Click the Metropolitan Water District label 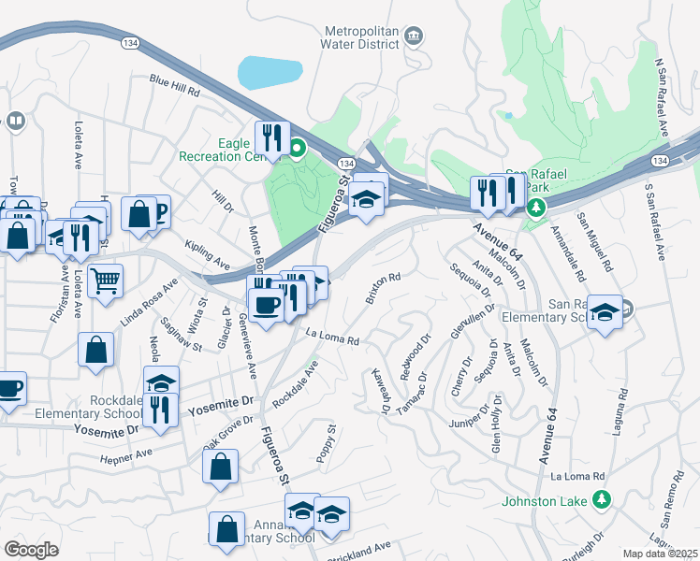point(361,36)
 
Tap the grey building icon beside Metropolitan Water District point(414,37)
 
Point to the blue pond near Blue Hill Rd point(270,72)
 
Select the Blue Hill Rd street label point(175,86)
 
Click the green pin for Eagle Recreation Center point(298,148)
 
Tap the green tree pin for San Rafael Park point(535,208)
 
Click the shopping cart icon point(105,280)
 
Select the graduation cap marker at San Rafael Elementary point(605,313)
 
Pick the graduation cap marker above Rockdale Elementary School point(161,382)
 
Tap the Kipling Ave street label point(208,253)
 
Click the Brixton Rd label point(383,288)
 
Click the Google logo point(31,549)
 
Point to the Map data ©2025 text point(660,554)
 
